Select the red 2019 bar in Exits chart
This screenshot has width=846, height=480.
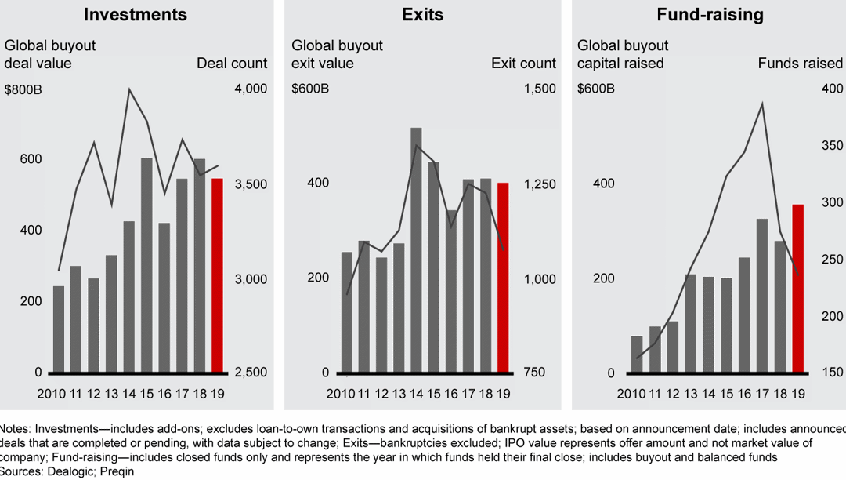(x=503, y=277)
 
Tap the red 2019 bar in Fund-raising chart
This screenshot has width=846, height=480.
(x=798, y=288)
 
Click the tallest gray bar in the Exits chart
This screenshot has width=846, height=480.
(x=416, y=249)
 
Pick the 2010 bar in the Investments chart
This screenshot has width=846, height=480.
(x=59, y=329)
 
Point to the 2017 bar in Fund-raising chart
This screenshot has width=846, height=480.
(x=762, y=295)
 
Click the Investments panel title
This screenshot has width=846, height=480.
(x=136, y=15)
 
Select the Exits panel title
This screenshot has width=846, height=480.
(x=422, y=15)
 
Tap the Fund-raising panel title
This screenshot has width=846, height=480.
(x=710, y=15)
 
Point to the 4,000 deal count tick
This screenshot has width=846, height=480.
(x=251, y=89)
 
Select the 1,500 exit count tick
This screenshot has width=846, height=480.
(x=540, y=89)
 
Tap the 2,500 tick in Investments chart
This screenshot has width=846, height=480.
(x=251, y=373)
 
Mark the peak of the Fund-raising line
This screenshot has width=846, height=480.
(x=762, y=103)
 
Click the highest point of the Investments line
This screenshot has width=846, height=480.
(x=129, y=89)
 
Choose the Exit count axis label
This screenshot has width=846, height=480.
(x=523, y=64)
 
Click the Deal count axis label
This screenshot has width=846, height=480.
(x=232, y=64)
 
